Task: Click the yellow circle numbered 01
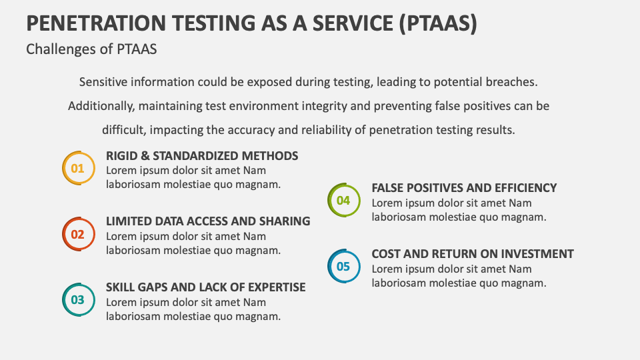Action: click(x=78, y=168)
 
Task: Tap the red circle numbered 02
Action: click(x=78, y=234)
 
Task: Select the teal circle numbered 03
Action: click(x=78, y=300)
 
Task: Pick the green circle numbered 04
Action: click(x=343, y=200)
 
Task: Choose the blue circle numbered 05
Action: click(x=343, y=266)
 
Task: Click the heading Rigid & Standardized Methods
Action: click(x=202, y=156)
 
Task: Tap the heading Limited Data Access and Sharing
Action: click(x=208, y=221)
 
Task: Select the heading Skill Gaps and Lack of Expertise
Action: click(x=205, y=287)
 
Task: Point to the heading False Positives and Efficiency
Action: click(x=464, y=188)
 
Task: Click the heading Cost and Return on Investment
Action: click(x=473, y=254)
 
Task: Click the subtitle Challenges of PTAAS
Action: click(x=91, y=49)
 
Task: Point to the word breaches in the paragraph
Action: click(x=513, y=82)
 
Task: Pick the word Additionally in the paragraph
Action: click(x=100, y=106)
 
